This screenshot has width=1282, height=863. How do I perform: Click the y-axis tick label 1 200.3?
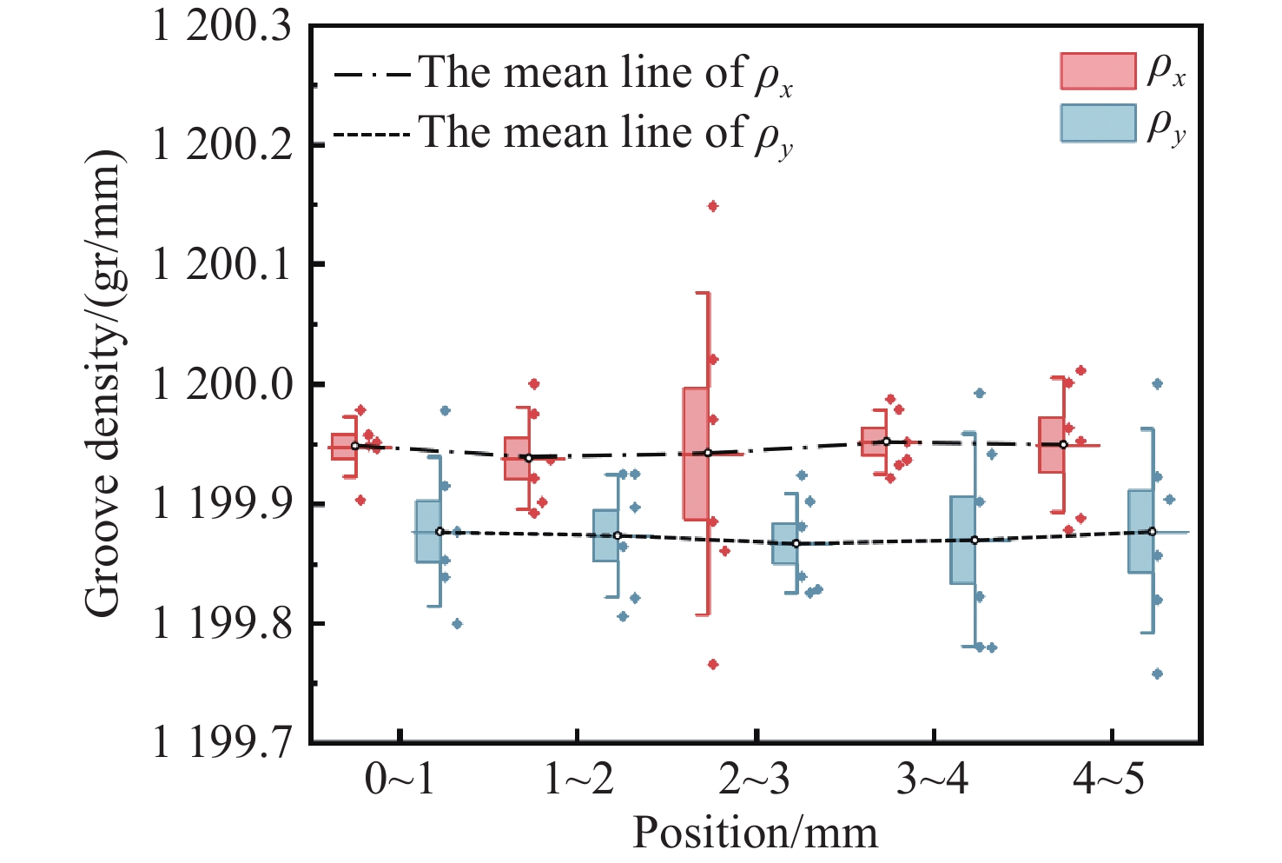click(x=224, y=28)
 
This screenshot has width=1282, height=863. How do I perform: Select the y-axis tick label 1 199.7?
click(x=224, y=744)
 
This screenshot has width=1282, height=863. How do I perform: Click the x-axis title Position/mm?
click(x=755, y=833)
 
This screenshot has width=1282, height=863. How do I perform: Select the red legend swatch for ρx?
click(x=1098, y=71)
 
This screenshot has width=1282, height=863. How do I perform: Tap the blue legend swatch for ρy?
click(x=1098, y=123)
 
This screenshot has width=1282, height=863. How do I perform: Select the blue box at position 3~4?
click(x=962, y=539)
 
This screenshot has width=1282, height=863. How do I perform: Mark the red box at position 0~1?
click(x=344, y=446)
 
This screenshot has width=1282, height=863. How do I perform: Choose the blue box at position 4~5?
click(x=1140, y=531)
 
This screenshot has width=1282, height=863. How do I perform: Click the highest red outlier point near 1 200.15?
click(x=713, y=206)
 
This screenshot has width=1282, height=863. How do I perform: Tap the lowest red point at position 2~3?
click(x=713, y=664)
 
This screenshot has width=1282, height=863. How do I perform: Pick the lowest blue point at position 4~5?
click(x=1157, y=674)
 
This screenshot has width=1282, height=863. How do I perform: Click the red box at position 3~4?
click(x=874, y=441)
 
